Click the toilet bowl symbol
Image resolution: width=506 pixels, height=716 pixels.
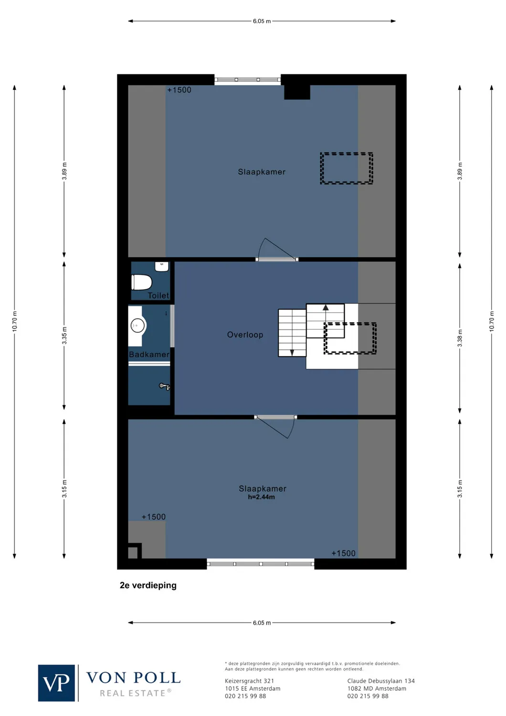pos(141,282)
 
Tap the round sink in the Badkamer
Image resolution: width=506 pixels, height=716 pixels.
pos(137,326)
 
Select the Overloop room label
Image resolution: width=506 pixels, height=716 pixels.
pos(245,335)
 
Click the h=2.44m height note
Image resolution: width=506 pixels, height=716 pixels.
pos(261,497)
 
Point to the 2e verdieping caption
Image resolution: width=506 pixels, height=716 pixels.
pos(148,585)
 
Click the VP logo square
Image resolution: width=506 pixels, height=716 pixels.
pos(56,683)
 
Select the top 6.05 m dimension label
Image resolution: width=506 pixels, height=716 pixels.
pos(262,21)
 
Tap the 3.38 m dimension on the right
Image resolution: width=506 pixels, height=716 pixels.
pos(460,338)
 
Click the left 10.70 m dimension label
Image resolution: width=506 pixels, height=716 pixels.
pos(14,321)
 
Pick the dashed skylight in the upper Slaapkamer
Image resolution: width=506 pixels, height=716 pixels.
pos(347,168)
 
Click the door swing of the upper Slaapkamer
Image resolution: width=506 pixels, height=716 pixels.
pos(274,249)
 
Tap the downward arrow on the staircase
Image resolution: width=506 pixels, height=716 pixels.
pos(292,353)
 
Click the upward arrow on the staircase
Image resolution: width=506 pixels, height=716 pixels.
pos(326,308)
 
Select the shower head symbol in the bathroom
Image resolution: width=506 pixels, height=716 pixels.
pos(164,386)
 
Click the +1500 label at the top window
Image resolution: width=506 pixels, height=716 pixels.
pos(179,90)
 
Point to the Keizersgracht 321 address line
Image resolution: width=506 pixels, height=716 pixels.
pos(249,681)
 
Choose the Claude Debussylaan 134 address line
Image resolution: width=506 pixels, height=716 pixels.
pos(381,681)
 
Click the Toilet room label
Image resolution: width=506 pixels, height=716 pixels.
pos(158,295)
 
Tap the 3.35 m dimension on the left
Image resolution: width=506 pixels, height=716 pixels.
pos(64,335)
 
